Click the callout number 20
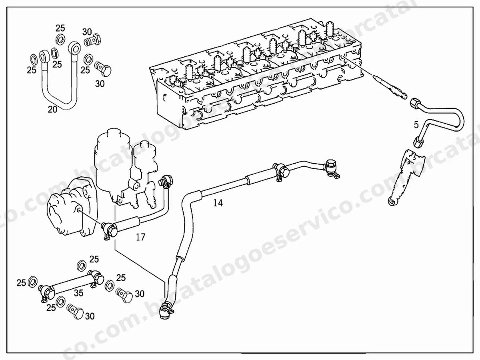click(x=52, y=109)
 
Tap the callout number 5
click(x=416, y=125)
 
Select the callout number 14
click(x=218, y=203)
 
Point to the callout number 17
click(x=141, y=237)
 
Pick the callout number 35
click(x=78, y=293)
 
